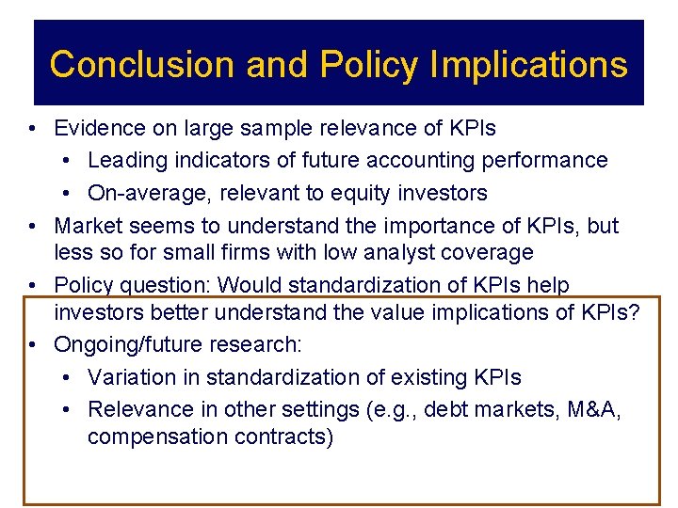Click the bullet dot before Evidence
click(33, 128)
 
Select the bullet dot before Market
click(33, 227)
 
